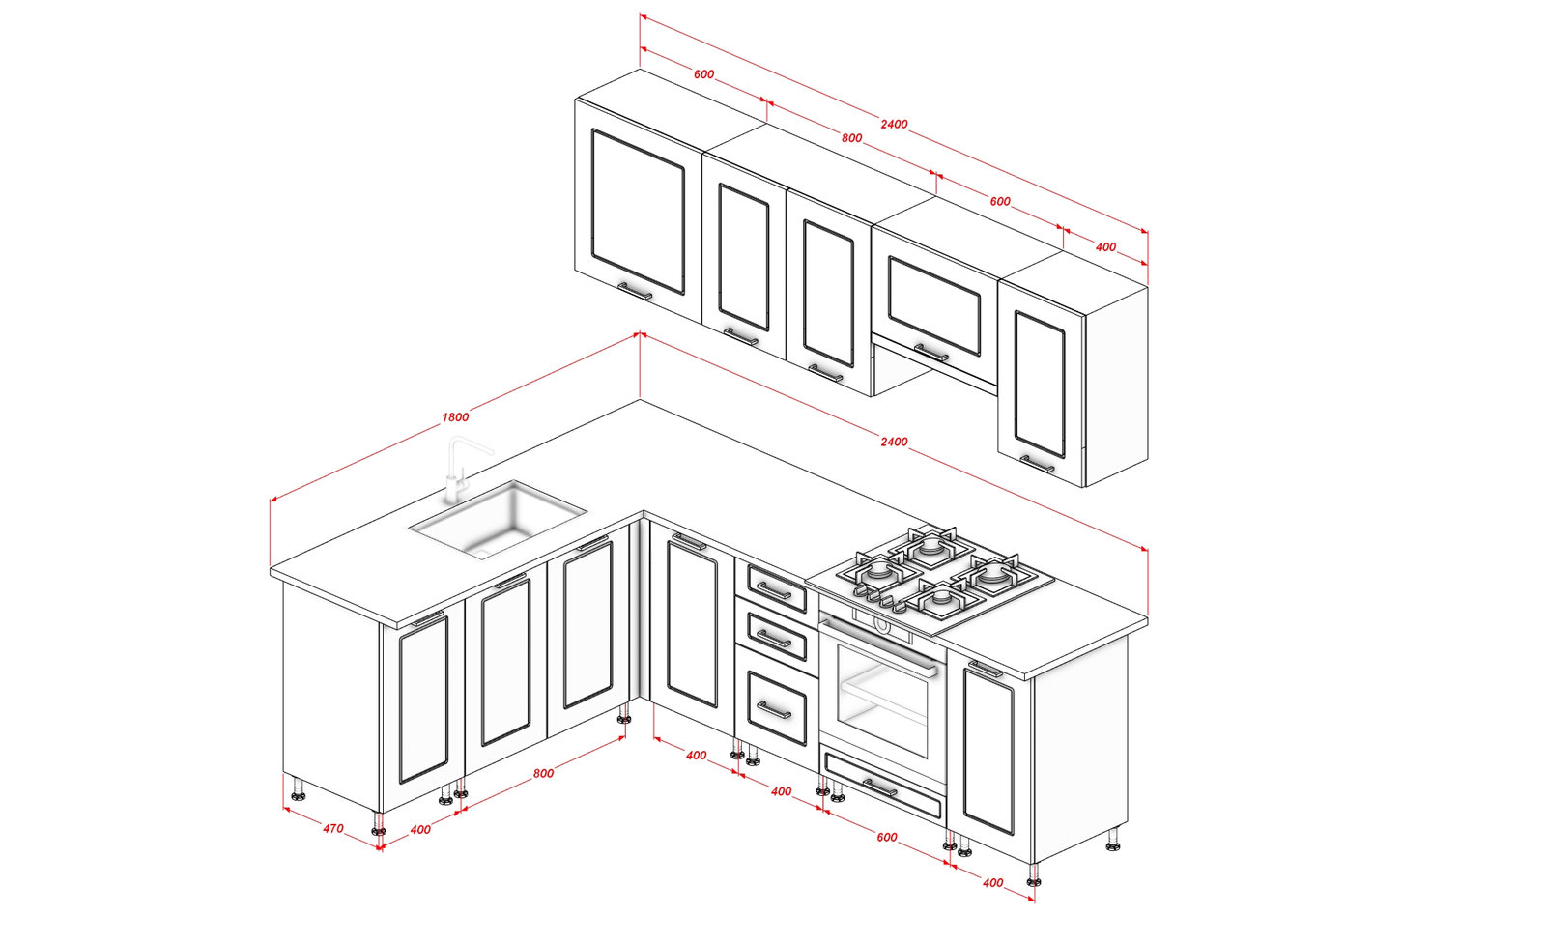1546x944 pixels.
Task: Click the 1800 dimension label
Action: click(455, 416)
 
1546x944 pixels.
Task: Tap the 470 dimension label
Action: click(332, 828)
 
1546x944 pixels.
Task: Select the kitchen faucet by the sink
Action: click(463, 470)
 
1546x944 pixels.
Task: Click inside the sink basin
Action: click(499, 519)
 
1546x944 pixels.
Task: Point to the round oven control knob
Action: click(881, 625)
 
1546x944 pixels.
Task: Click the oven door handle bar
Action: click(878, 645)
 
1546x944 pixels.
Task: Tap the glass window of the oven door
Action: click(882, 702)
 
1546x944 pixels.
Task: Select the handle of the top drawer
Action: click(774, 590)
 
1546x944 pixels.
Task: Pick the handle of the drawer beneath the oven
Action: click(879, 787)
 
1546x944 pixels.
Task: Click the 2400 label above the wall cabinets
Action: click(894, 125)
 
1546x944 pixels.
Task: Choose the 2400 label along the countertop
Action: click(894, 442)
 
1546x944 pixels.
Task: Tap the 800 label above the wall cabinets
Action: click(851, 138)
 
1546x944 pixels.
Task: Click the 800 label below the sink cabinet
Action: click(543, 774)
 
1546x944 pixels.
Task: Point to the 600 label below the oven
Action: click(887, 837)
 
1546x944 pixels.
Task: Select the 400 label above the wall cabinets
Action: click(1105, 247)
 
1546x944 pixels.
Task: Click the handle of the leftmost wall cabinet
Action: click(635, 291)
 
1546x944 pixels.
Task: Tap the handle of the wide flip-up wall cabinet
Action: click(931, 353)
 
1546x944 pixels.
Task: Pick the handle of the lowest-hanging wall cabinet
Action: click(1038, 464)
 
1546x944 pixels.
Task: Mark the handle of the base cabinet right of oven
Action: click(986, 668)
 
